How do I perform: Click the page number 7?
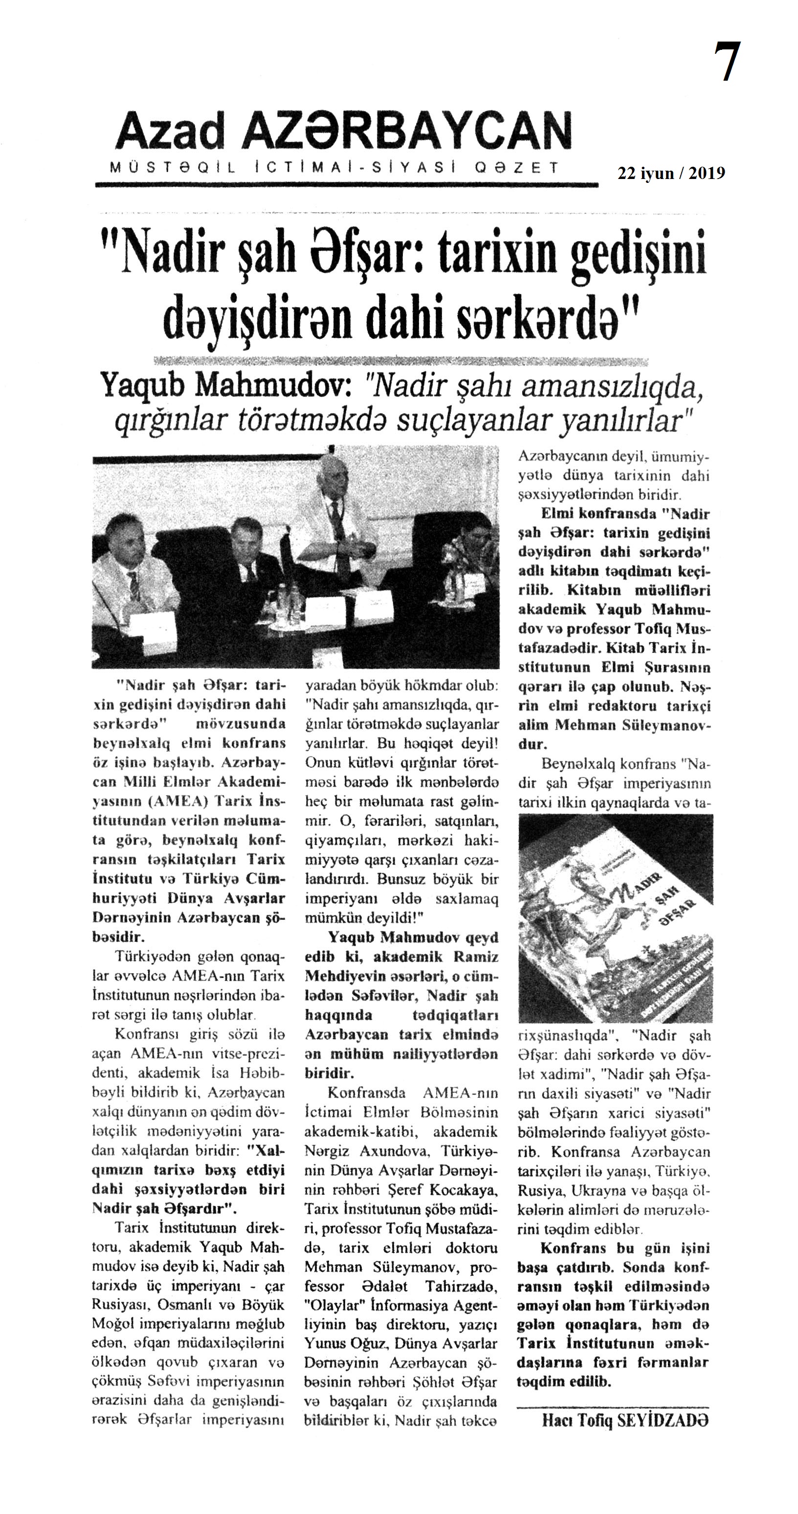click(728, 63)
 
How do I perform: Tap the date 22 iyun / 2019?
click(670, 173)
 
